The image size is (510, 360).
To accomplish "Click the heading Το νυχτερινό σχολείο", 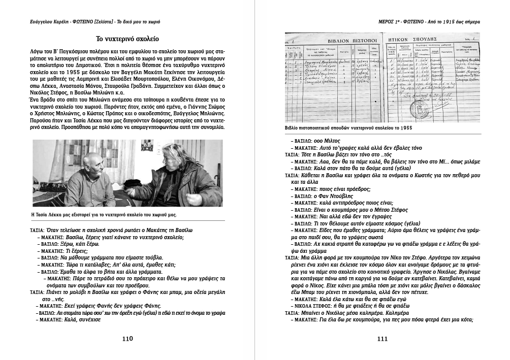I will tap(127, 39).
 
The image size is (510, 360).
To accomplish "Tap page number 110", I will tap(127, 338).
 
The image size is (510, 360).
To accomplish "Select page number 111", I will tap(382, 339).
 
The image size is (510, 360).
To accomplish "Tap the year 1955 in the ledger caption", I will tap(404, 127).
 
